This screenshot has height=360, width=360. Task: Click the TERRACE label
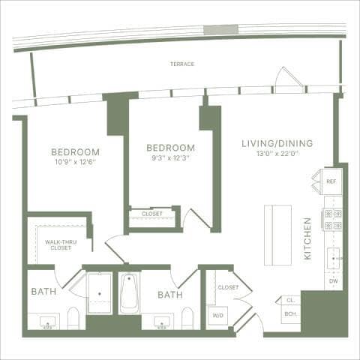(x=182, y=64)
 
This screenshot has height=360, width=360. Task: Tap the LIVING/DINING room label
(x=277, y=143)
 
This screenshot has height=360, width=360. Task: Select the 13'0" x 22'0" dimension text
(x=277, y=154)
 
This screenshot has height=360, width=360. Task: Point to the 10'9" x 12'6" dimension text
(x=75, y=161)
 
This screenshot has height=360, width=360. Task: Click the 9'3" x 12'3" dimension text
(x=169, y=158)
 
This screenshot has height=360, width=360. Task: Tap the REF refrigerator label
(x=330, y=181)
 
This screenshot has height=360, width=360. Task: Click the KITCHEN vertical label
(x=307, y=238)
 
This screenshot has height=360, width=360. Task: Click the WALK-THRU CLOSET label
(x=58, y=244)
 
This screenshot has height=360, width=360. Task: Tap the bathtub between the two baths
(x=129, y=293)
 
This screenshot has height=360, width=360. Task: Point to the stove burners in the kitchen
(x=332, y=219)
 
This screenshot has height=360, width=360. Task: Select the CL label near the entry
(x=290, y=300)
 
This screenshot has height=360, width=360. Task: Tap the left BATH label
(x=41, y=292)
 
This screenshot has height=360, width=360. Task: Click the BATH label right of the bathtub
(x=169, y=295)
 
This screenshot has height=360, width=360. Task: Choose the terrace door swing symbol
(x=288, y=79)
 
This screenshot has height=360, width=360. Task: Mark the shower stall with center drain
(x=99, y=293)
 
